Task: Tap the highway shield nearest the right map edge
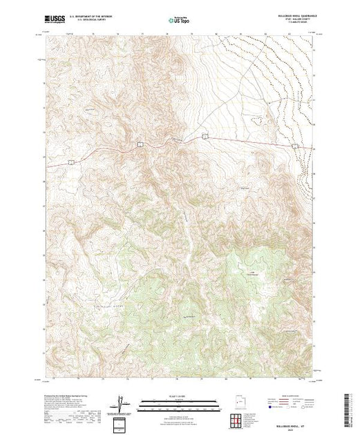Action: click(x=205, y=136)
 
